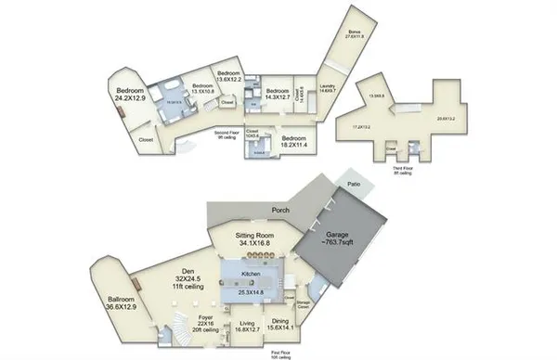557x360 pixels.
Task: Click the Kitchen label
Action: [x=250, y=276]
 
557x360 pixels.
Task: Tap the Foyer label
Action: [x=207, y=316]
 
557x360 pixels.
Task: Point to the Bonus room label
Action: [x=354, y=31]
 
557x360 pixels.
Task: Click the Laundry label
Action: [x=326, y=86]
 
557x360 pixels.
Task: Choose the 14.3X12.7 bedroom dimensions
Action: [x=272, y=96]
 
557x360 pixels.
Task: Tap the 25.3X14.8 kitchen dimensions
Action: [x=250, y=293]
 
